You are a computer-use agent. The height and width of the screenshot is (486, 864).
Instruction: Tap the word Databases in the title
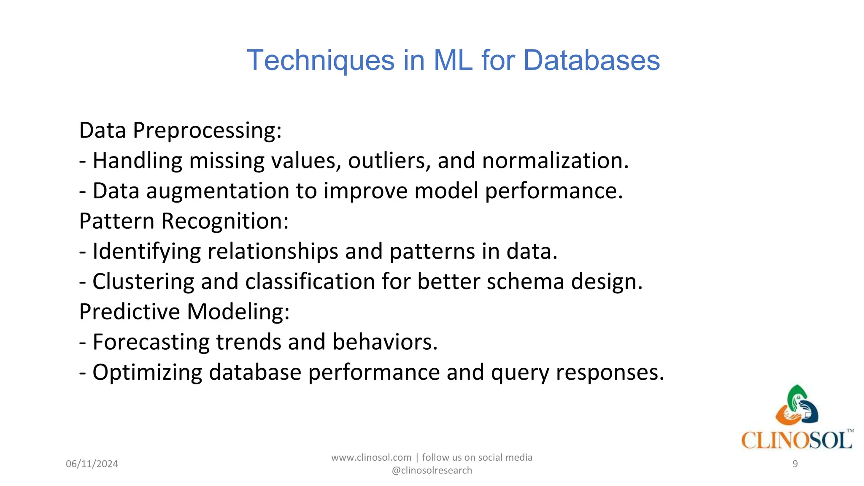(591, 60)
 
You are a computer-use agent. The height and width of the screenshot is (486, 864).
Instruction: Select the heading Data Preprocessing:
(180, 130)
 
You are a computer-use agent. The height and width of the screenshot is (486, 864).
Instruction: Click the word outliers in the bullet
(389, 161)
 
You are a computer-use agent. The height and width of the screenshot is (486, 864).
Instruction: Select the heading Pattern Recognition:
(184, 221)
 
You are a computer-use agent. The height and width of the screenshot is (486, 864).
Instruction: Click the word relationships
(273, 251)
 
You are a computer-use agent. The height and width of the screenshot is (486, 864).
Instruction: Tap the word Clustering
(143, 281)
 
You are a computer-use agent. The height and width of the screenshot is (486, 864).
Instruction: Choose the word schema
(525, 281)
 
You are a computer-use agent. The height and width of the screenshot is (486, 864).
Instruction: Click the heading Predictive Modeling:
(184, 312)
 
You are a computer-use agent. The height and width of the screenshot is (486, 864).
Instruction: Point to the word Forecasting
(151, 342)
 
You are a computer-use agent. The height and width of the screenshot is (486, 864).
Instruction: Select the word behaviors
(385, 342)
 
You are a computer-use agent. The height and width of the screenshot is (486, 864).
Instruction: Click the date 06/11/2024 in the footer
(92, 464)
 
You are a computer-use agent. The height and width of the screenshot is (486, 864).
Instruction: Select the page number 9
(795, 464)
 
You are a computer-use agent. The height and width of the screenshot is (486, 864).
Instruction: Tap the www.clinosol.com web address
(371, 458)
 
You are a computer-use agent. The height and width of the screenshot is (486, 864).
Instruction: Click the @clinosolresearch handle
(432, 470)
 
